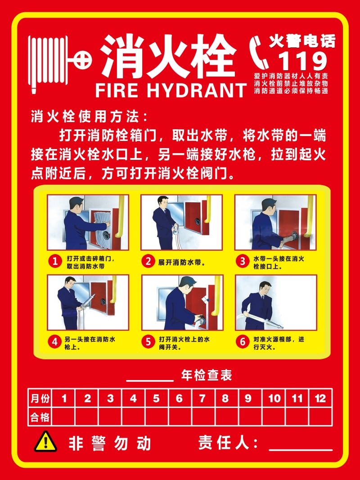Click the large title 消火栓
tap(169, 57)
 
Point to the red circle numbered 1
tap(54, 262)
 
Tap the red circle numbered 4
tap(54, 342)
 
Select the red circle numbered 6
tap(243, 342)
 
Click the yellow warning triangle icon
tap(45, 442)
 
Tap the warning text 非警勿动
tap(110, 444)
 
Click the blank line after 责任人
tap(300, 448)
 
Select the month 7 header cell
tap(202, 398)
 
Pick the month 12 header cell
tap(320, 398)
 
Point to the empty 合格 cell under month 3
tap(110, 417)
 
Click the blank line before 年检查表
tap(150, 380)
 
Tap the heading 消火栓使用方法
tap(89, 117)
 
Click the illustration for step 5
tap(181, 303)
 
